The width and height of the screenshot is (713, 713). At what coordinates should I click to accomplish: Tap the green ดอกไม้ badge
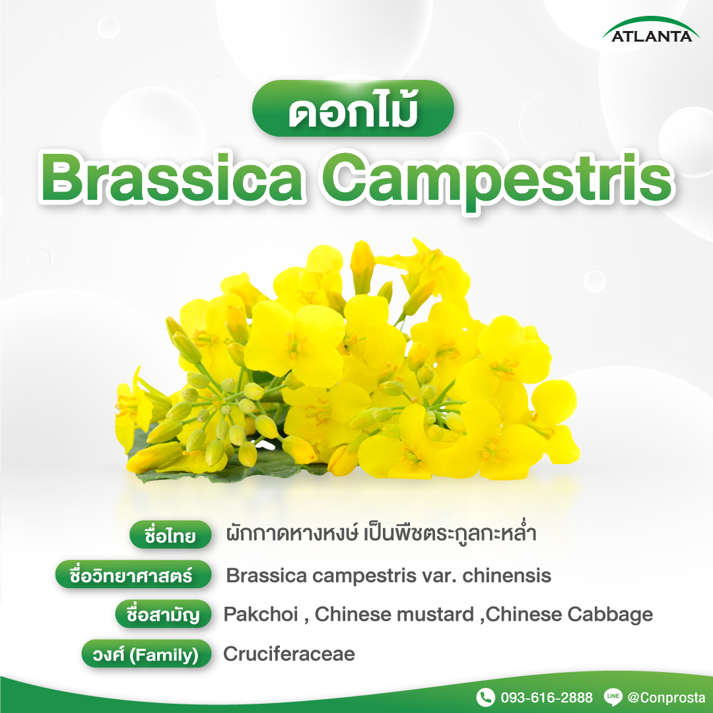[353, 108]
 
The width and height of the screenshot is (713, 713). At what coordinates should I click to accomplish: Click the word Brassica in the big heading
[172, 178]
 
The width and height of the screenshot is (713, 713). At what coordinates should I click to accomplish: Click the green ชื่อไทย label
[170, 535]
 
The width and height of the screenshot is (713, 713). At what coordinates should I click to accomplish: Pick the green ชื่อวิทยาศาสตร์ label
[133, 574]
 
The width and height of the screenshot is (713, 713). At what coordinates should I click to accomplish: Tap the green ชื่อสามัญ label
[163, 614]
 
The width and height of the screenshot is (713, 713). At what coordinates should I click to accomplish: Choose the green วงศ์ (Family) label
[147, 654]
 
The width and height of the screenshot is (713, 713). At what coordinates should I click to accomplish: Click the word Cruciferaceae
[289, 654]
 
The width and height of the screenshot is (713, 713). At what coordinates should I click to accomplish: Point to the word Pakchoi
[261, 615]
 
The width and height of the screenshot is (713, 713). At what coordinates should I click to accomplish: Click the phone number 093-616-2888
[547, 698]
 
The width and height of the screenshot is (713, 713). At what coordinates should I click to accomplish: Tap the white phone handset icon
[485, 697]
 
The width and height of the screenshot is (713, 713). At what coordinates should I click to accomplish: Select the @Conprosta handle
[666, 698]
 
